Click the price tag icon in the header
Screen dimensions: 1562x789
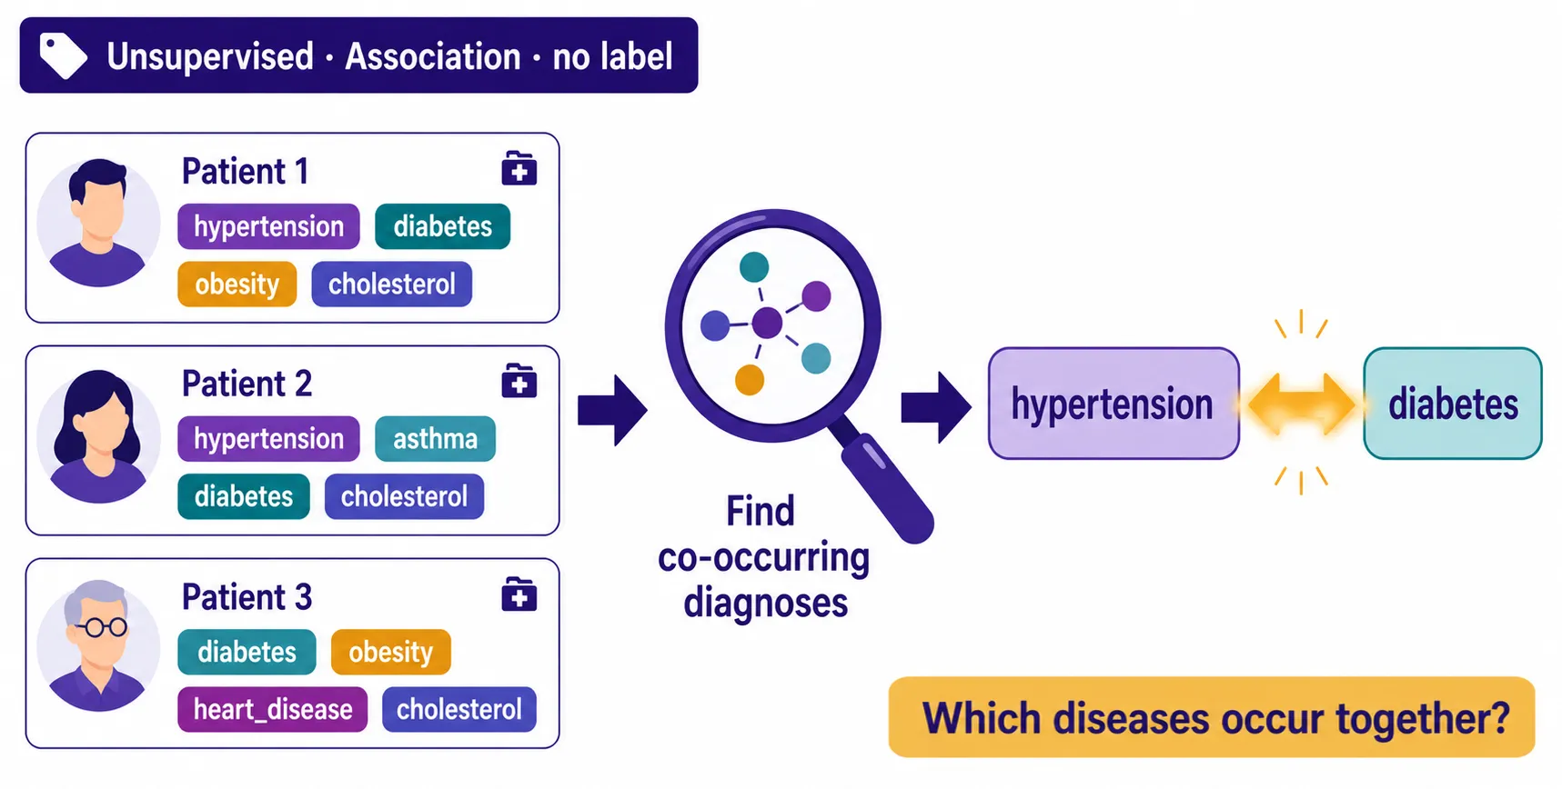(63, 55)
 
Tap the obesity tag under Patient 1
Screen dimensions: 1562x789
(237, 284)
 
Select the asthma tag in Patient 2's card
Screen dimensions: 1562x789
(435, 438)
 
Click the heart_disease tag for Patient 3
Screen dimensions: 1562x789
(273, 709)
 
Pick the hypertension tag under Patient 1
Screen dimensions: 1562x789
(268, 226)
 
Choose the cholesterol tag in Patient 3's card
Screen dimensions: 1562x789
(459, 709)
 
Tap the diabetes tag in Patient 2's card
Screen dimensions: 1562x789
(244, 496)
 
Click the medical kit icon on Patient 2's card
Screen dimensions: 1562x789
(519, 381)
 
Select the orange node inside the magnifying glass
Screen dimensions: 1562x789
(750, 380)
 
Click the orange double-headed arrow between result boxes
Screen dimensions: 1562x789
(1301, 404)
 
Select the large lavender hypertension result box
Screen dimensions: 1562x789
(1114, 404)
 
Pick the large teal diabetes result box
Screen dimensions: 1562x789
(1453, 404)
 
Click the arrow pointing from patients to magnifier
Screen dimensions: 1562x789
(612, 410)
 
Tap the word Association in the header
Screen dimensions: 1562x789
(433, 56)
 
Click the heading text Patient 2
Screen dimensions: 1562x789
(247, 384)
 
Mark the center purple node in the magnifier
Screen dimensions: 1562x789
(767, 323)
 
